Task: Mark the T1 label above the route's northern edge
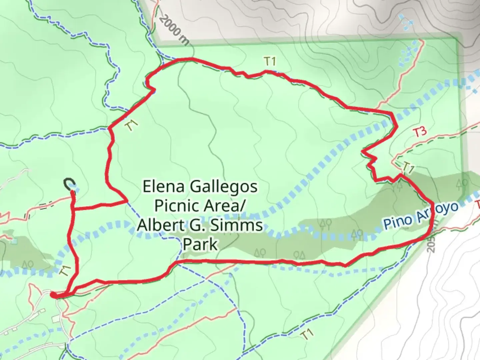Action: (x=270, y=61)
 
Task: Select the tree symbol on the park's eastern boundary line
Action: (x=463, y=183)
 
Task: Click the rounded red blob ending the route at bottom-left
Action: (x=54, y=294)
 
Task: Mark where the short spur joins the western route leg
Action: (x=73, y=209)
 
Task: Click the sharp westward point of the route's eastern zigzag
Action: (x=362, y=152)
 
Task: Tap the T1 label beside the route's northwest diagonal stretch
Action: (x=132, y=126)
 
